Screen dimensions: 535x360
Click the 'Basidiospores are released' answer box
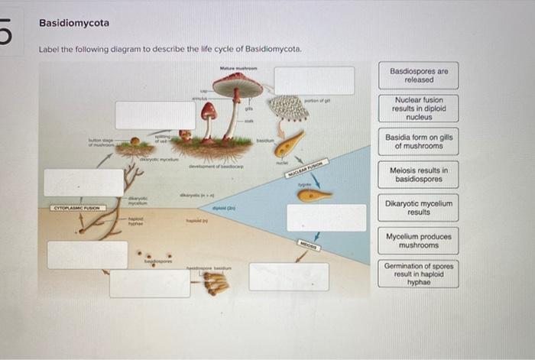(418, 75)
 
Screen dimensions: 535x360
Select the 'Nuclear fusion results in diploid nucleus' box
(418, 109)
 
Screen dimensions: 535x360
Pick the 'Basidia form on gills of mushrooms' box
(418, 141)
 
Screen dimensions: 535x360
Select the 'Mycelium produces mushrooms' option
(418, 241)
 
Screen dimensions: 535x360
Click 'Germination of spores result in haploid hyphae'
(418, 274)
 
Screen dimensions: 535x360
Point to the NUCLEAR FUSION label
(306, 170)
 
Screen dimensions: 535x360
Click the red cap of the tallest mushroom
(238, 85)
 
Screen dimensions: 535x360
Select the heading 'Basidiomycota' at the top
(74, 23)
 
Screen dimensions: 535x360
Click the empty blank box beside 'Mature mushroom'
(314, 80)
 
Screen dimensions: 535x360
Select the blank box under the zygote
(326, 217)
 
